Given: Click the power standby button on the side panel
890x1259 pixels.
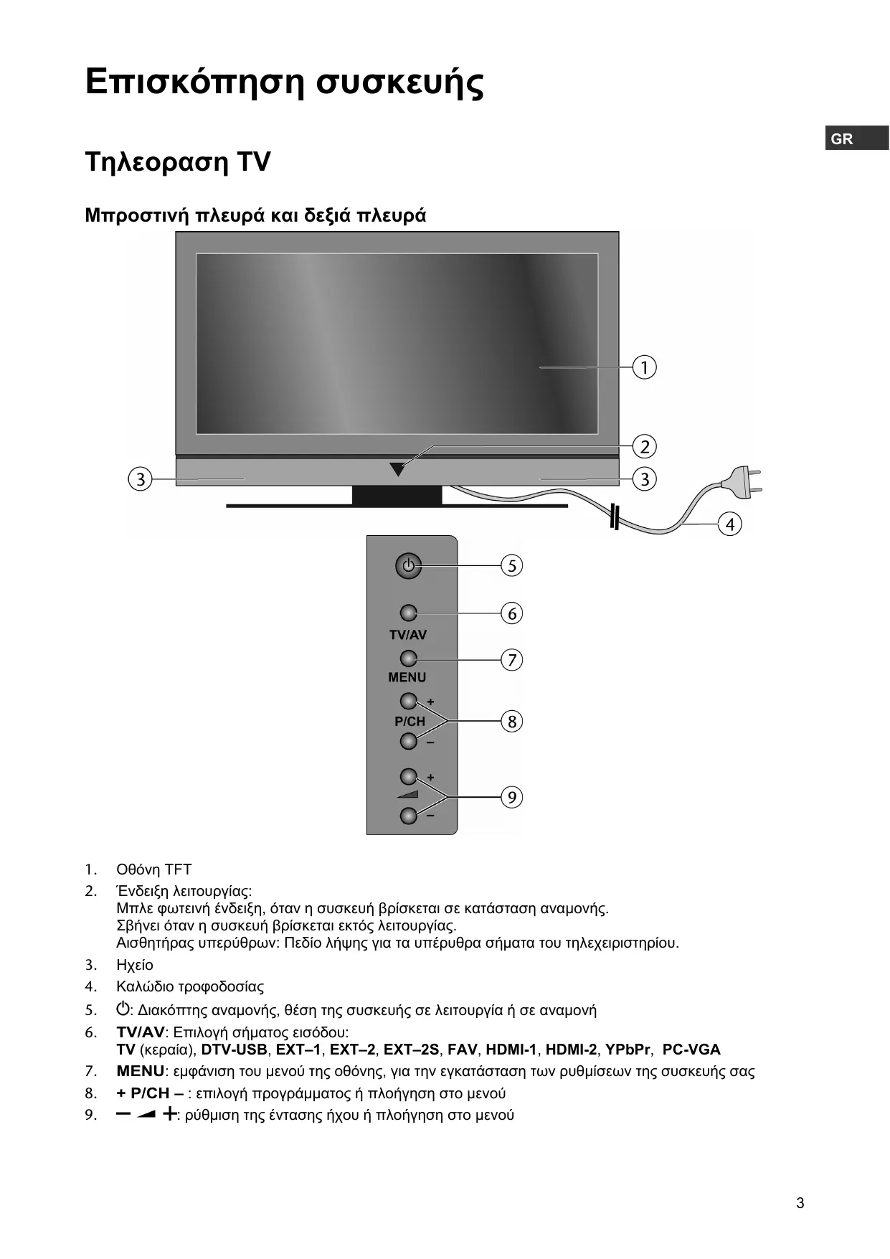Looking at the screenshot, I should [x=408, y=566].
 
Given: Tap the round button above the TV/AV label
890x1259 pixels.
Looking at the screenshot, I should [x=408, y=613].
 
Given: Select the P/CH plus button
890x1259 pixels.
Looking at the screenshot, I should [x=408, y=700].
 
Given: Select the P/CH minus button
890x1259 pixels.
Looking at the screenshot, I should [x=408, y=740].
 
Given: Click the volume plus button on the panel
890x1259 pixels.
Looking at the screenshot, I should [x=408, y=776].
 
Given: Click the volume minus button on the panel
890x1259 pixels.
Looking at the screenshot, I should [x=408, y=816].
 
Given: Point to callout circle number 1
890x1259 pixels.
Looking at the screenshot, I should [x=645, y=367].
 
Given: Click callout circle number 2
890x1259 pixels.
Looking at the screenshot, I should [x=645, y=447].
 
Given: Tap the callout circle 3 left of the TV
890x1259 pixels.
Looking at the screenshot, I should [x=141, y=478].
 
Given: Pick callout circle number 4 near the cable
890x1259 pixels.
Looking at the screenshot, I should [x=730, y=524].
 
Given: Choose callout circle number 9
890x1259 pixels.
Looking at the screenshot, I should [x=511, y=797].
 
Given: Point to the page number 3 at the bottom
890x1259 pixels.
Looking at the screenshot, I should [x=800, y=1203].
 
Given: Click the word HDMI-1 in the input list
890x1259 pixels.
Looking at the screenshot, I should [x=511, y=1050].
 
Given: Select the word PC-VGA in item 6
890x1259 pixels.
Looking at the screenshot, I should [x=691, y=1050].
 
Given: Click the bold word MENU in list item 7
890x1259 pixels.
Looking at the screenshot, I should [x=141, y=1071].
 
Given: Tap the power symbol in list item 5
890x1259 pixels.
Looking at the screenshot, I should [x=123, y=1009].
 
